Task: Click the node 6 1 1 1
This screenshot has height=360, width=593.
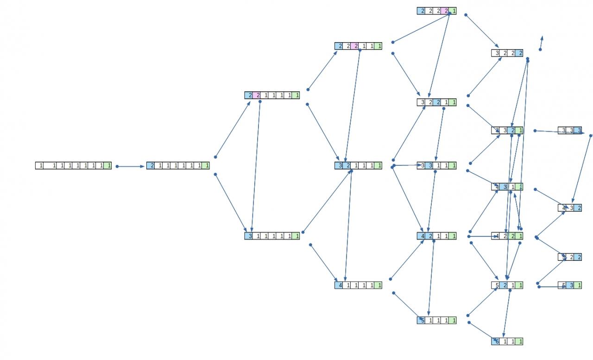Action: (x=507, y=341)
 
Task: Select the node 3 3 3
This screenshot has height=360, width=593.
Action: (x=570, y=130)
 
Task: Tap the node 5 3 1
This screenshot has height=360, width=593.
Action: (x=570, y=285)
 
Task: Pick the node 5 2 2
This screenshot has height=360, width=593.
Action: (x=570, y=257)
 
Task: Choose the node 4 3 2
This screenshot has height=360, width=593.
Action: (x=570, y=208)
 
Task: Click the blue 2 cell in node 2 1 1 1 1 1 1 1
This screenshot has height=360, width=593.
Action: (x=151, y=165)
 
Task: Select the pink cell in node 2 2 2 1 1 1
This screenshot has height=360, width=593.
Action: (x=355, y=46)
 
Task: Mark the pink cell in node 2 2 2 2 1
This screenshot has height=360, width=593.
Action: (x=445, y=11)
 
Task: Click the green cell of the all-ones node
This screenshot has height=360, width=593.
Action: (x=107, y=165)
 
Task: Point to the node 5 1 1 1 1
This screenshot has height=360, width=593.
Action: (x=436, y=320)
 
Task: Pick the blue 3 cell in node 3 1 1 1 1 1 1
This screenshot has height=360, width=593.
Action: (x=249, y=236)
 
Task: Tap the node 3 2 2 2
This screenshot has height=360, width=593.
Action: (x=507, y=53)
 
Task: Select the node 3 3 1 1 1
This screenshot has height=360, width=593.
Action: (x=436, y=165)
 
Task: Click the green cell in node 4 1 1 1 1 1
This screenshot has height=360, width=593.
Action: (x=379, y=285)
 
